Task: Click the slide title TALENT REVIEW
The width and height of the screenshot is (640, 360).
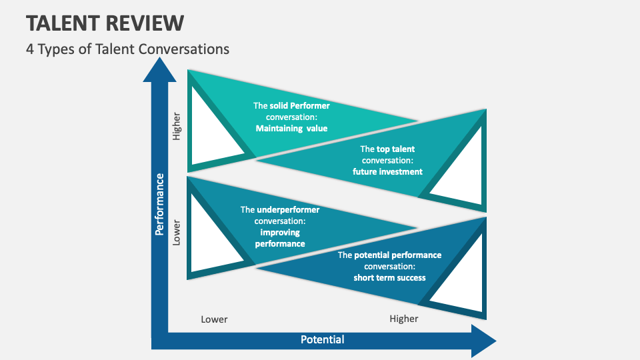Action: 105,23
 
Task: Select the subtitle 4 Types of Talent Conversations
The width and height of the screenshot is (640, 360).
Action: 128,49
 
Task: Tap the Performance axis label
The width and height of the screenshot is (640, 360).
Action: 160,204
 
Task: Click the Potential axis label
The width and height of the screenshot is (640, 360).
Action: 322,339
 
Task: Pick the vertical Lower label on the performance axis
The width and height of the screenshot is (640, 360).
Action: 177,231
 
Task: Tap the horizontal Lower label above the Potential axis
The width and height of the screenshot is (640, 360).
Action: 214,319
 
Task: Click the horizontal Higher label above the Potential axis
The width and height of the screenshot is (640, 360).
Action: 403,319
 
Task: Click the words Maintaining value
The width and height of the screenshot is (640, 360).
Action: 291,128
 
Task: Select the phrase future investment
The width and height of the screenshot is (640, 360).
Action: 387,171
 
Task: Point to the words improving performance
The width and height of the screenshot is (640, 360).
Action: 280,238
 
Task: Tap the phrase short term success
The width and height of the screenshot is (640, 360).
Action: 389,277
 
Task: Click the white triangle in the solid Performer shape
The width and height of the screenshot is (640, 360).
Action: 212,127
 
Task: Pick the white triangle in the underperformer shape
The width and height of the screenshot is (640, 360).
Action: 212,233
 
